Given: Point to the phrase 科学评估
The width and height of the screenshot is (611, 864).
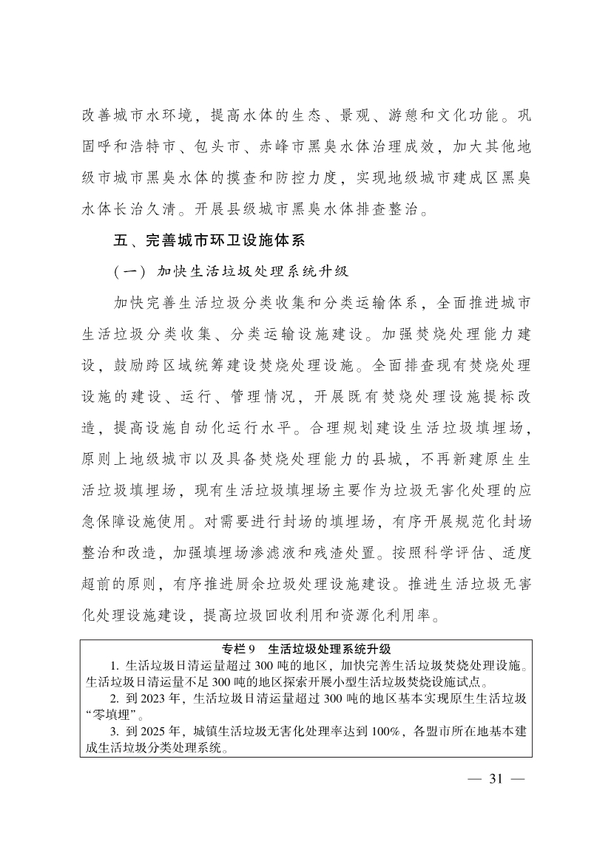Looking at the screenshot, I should coord(425,551).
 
